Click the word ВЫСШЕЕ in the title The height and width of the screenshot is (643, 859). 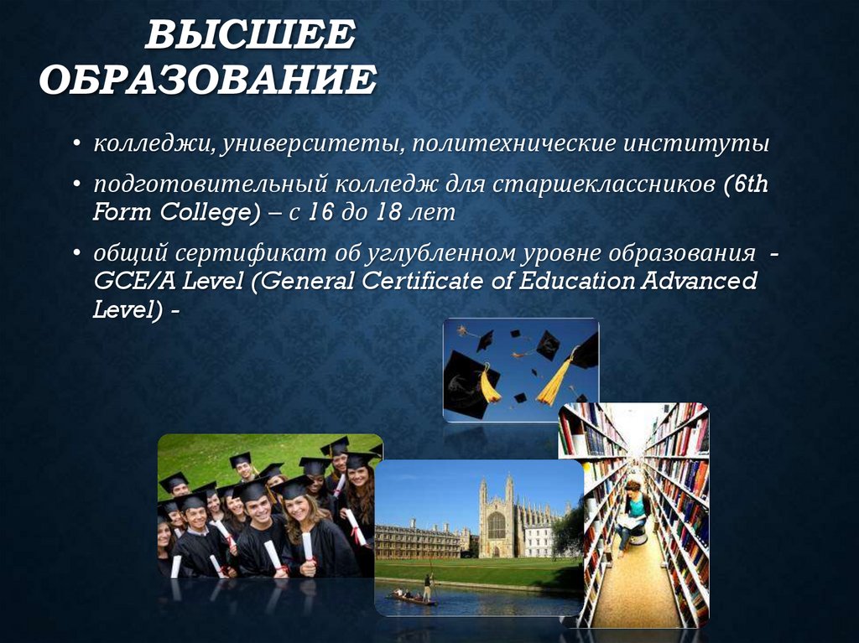pyautogui.click(x=250, y=34)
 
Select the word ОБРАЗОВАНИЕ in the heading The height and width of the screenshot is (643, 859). pyautogui.click(x=208, y=80)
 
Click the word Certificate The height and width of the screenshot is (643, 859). pyautogui.click(x=422, y=281)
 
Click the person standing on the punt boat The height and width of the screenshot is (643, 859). pyautogui.click(x=427, y=587)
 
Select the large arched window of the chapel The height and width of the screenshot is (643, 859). pyautogui.click(x=497, y=526)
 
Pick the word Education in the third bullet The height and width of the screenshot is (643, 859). pyautogui.click(x=576, y=281)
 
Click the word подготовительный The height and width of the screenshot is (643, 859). pyautogui.click(x=209, y=185)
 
